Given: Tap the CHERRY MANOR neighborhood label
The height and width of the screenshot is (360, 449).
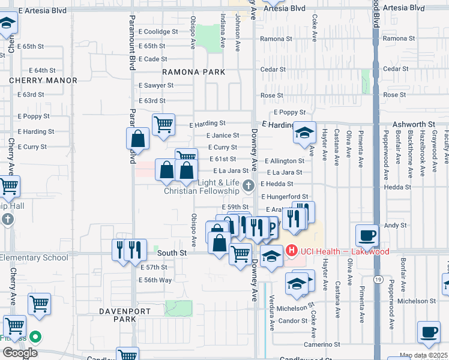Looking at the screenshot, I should point(43,80).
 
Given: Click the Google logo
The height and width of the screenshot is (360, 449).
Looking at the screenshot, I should point(20,352).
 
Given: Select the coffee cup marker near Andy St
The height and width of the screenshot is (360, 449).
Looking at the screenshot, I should point(367,235).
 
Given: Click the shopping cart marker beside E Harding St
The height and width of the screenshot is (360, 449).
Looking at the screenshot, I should point(163,124).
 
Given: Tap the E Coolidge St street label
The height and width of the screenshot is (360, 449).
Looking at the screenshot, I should point(158,32).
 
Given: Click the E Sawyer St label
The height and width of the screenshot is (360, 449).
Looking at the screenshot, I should point(155,86).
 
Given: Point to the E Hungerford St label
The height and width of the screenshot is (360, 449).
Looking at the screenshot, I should point(285,196).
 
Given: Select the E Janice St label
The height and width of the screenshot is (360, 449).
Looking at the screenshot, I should point(223,136).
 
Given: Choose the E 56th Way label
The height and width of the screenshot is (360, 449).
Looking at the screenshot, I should point(155,280).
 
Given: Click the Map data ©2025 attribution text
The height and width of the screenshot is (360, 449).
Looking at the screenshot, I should point(424,356).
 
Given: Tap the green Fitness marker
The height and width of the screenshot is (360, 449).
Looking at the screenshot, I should point(35,337).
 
